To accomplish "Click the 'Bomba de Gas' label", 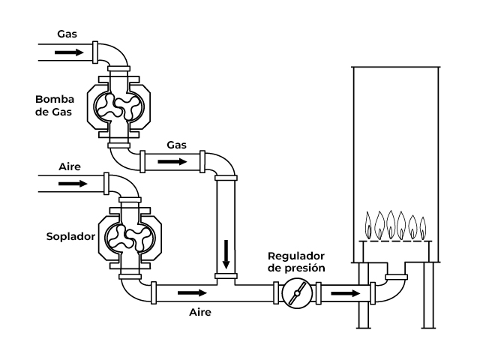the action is tap(55, 106).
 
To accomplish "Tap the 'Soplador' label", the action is tap(70, 236).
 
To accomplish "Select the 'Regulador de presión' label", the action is tap(296, 262).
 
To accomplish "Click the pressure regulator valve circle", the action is tap(297, 293).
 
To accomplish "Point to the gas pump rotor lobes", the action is tap(118, 106).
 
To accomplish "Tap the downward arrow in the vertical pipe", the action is tap(226, 254).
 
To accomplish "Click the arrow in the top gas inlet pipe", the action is tap(69, 52).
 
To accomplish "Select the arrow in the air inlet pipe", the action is tap(73, 184).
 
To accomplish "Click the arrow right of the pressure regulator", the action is tap(346, 293).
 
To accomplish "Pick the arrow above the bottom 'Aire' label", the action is tap(192, 293).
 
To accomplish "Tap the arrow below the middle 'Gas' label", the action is tap(172, 161).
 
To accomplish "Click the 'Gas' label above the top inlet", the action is tap(67, 34).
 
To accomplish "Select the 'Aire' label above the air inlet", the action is tap(70, 166).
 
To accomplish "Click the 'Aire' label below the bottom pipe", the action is tap(200, 312).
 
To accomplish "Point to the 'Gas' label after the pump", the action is tap(177, 145).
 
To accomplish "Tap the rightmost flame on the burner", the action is tap(423, 228).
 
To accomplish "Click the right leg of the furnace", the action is tap(428, 295).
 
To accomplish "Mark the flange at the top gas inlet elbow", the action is tap(95, 52).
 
